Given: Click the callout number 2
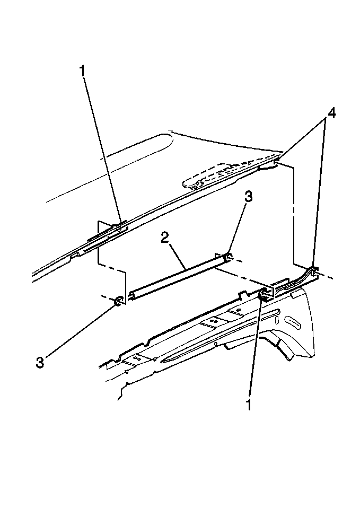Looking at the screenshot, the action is pyautogui.click(x=165, y=239).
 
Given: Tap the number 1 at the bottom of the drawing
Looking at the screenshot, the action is pyautogui.click(x=249, y=404).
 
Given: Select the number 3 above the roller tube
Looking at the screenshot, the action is pyautogui.click(x=248, y=197).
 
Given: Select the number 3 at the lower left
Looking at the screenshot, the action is pyautogui.click(x=40, y=362).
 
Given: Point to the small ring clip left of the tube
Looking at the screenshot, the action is pyautogui.click(x=118, y=301).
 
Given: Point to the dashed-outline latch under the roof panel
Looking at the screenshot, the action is pyautogui.click(x=224, y=175).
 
